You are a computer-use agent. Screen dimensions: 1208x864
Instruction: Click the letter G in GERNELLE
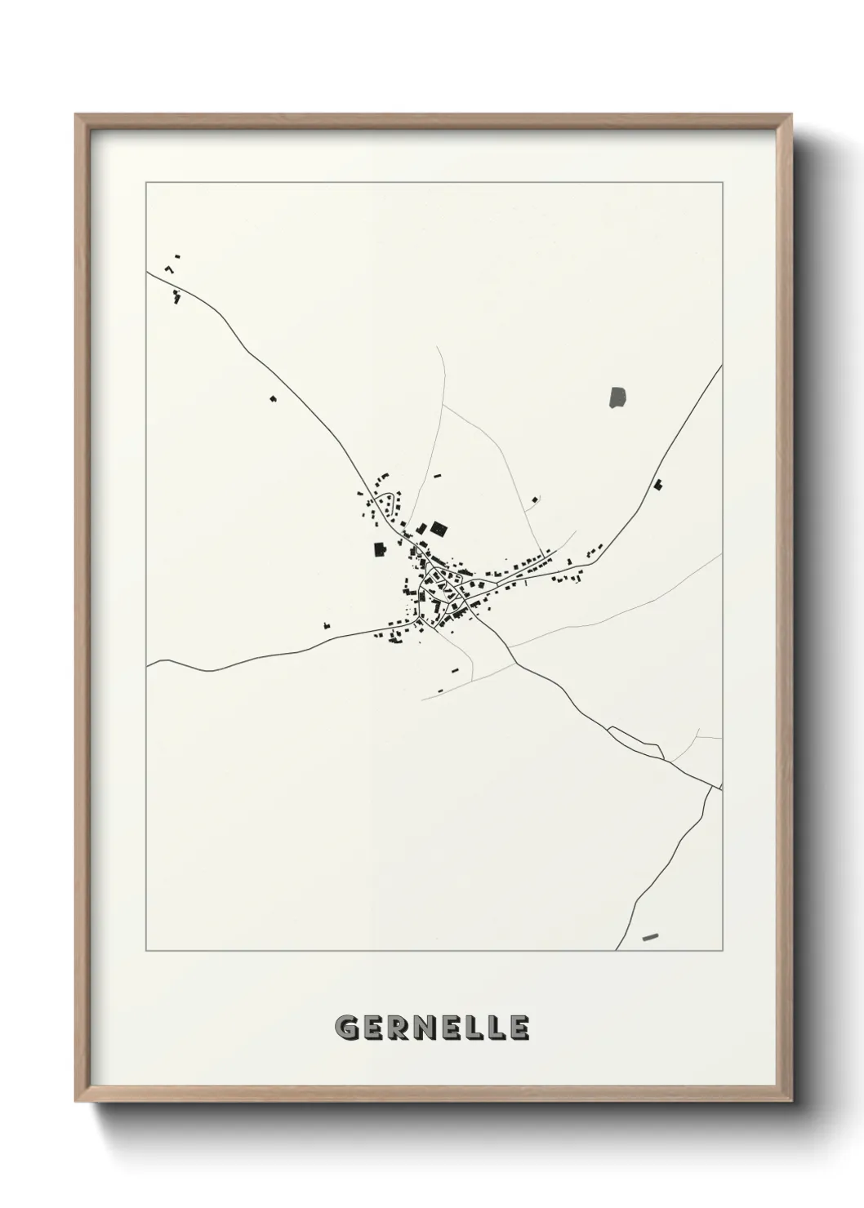click(x=345, y=1028)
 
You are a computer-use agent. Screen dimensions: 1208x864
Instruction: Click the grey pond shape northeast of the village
click(x=617, y=397)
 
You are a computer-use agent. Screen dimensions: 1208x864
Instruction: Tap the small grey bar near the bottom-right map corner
click(x=650, y=936)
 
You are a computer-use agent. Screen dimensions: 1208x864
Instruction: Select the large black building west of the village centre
click(x=378, y=549)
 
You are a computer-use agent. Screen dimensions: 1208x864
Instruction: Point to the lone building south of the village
click(x=456, y=670)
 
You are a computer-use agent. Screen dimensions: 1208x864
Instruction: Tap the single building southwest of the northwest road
click(x=273, y=398)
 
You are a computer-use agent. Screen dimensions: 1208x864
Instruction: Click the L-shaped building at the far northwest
click(x=170, y=268)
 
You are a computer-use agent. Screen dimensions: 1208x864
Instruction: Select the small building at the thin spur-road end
click(x=536, y=497)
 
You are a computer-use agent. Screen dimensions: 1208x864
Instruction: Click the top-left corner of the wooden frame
click(x=76, y=115)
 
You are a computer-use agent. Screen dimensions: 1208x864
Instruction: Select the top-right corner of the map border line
click(x=723, y=182)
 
